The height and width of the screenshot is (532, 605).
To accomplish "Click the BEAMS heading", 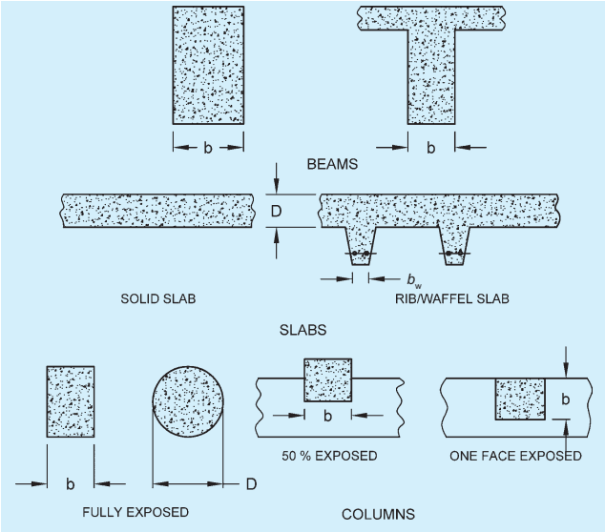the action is point(332,164).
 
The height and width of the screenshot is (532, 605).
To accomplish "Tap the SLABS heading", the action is point(302,330).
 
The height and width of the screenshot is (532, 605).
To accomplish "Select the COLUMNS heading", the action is point(378,514).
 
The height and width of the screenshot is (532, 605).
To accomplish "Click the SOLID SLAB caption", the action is point(158,298).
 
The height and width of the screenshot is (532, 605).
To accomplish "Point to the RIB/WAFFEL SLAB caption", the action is point(452,298).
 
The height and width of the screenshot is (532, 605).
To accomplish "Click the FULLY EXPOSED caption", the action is point(136,512).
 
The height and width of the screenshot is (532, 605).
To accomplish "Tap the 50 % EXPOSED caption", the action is point(329,456).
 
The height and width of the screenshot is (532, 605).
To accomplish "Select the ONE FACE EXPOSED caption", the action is point(515,456).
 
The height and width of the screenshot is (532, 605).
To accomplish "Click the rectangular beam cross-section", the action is point(208,65).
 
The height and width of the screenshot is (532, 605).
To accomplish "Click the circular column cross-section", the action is point(188,402).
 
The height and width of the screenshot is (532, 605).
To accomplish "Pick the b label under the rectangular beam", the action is point(208,148).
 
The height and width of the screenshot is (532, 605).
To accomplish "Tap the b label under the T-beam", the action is point(431,148).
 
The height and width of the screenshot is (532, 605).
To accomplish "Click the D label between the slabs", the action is point(277,211).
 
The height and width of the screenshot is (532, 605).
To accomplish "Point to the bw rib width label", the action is point(414,280).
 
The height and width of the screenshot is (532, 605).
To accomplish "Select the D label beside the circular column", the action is point(251,483).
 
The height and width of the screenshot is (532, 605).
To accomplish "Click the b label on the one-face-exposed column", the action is point(565,399).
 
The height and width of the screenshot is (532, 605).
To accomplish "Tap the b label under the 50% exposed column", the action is point(327,416).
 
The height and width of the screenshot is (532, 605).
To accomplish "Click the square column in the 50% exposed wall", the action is point(328,380).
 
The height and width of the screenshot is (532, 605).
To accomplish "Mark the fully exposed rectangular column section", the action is point(71,401).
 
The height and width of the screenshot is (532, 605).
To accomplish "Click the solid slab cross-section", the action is point(157,211).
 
